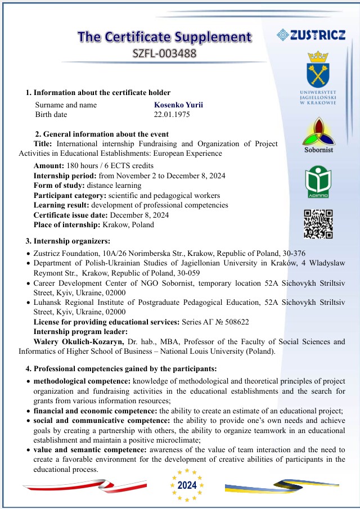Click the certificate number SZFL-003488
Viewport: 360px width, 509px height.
pyautogui.click(x=164, y=54)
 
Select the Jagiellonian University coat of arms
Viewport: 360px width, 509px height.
pyautogui.click(x=318, y=70)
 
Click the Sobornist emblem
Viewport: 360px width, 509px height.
pyautogui.click(x=318, y=132)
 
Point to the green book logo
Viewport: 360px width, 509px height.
pyautogui.click(x=318, y=180)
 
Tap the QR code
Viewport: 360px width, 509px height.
pyautogui.click(x=318, y=224)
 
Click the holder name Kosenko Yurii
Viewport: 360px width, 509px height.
pyautogui.click(x=178, y=105)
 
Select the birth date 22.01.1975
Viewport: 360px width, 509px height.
pyautogui.click(x=172, y=115)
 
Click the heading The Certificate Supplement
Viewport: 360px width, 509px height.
pyautogui.click(x=164, y=37)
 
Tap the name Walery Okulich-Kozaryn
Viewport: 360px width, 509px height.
pyautogui.click(x=78, y=341)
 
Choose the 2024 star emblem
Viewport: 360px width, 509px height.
pyautogui.click(x=186, y=485)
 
